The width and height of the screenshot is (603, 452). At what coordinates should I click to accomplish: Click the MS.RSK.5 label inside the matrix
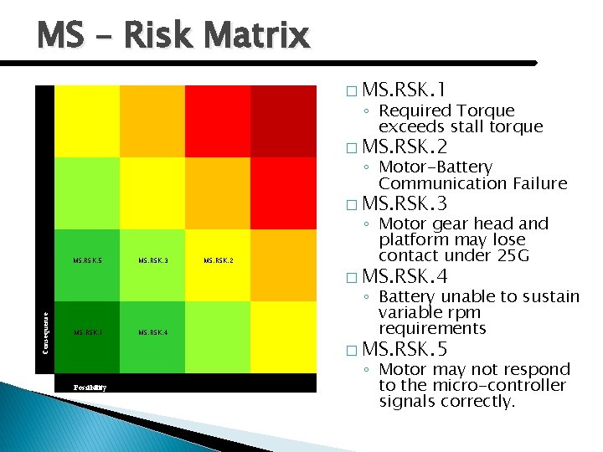coord(87,261)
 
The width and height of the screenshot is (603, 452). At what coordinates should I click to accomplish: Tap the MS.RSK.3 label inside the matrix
coord(152,261)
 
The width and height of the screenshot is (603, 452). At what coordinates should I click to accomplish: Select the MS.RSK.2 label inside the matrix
coord(218,261)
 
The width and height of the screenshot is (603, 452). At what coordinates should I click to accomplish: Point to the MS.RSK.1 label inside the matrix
coord(87,333)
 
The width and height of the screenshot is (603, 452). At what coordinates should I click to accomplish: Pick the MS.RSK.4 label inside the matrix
coord(152,333)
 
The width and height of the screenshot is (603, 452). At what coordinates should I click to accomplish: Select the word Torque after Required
coord(487,110)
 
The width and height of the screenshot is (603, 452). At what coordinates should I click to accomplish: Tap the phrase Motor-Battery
coord(435,167)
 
